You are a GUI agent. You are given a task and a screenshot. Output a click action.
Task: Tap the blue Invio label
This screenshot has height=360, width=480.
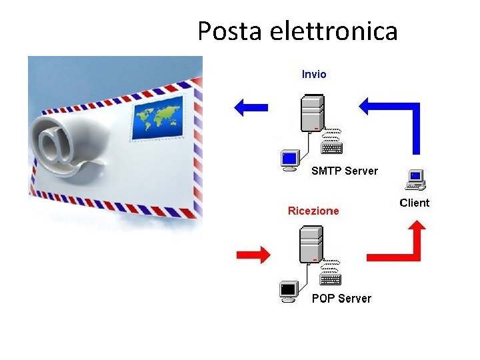(314, 74)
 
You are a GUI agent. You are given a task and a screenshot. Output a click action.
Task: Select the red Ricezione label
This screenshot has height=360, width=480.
(313, 211)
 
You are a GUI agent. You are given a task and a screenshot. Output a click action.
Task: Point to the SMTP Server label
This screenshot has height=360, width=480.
(344, 171)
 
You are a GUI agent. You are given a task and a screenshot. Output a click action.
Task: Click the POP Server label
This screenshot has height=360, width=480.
(341, 298)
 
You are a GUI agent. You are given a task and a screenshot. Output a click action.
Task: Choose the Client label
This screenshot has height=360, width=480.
(414, 203)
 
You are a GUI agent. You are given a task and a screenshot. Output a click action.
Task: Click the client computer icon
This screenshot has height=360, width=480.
(415, 179)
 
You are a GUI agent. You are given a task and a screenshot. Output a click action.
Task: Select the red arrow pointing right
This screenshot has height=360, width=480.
(253, 254)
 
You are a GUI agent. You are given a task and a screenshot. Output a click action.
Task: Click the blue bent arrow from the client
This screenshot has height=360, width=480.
(400, 113)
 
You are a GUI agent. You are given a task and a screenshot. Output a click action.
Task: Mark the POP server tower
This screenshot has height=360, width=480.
(311, 243)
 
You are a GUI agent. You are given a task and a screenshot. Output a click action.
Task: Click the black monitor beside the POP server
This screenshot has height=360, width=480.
(289, 291)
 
